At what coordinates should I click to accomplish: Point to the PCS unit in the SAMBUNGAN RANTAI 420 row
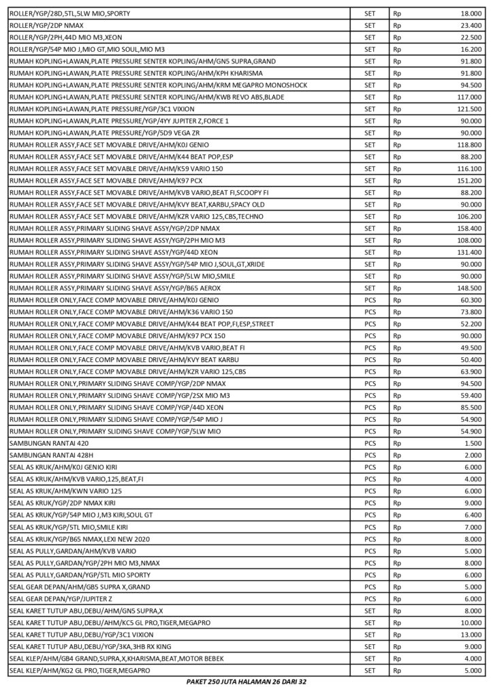(370, 443)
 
